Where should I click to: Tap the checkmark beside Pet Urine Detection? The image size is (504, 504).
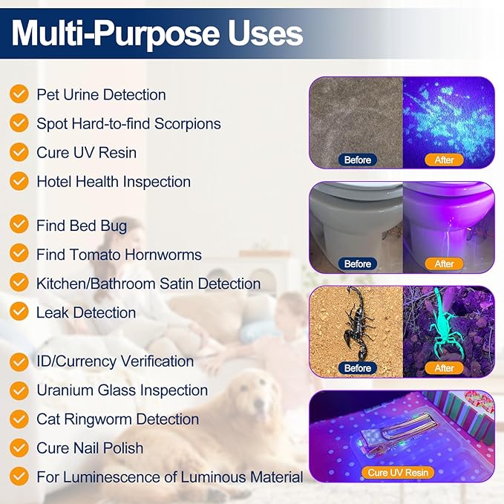coord(19,94)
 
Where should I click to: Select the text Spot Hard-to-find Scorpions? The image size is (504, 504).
coord(128,123)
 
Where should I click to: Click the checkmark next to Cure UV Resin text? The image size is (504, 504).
coord(19,152)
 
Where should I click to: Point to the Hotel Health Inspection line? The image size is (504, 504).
coord(113,181)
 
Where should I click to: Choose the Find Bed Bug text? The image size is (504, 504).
coord(82,226)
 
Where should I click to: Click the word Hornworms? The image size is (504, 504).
coord(163,255)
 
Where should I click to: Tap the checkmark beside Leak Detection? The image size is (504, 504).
coord(19,312)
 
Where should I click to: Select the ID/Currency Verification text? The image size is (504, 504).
coord(114,361)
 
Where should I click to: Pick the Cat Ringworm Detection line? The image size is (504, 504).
coord(117,419)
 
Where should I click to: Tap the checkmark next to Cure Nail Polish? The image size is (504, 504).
coord(19,448)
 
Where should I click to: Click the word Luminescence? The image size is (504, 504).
coord(108,477)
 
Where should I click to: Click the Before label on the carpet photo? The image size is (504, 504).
coord(357,160)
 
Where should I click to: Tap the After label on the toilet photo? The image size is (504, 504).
coord(444,264)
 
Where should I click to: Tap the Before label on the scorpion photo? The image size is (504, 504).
coord(357,368)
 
